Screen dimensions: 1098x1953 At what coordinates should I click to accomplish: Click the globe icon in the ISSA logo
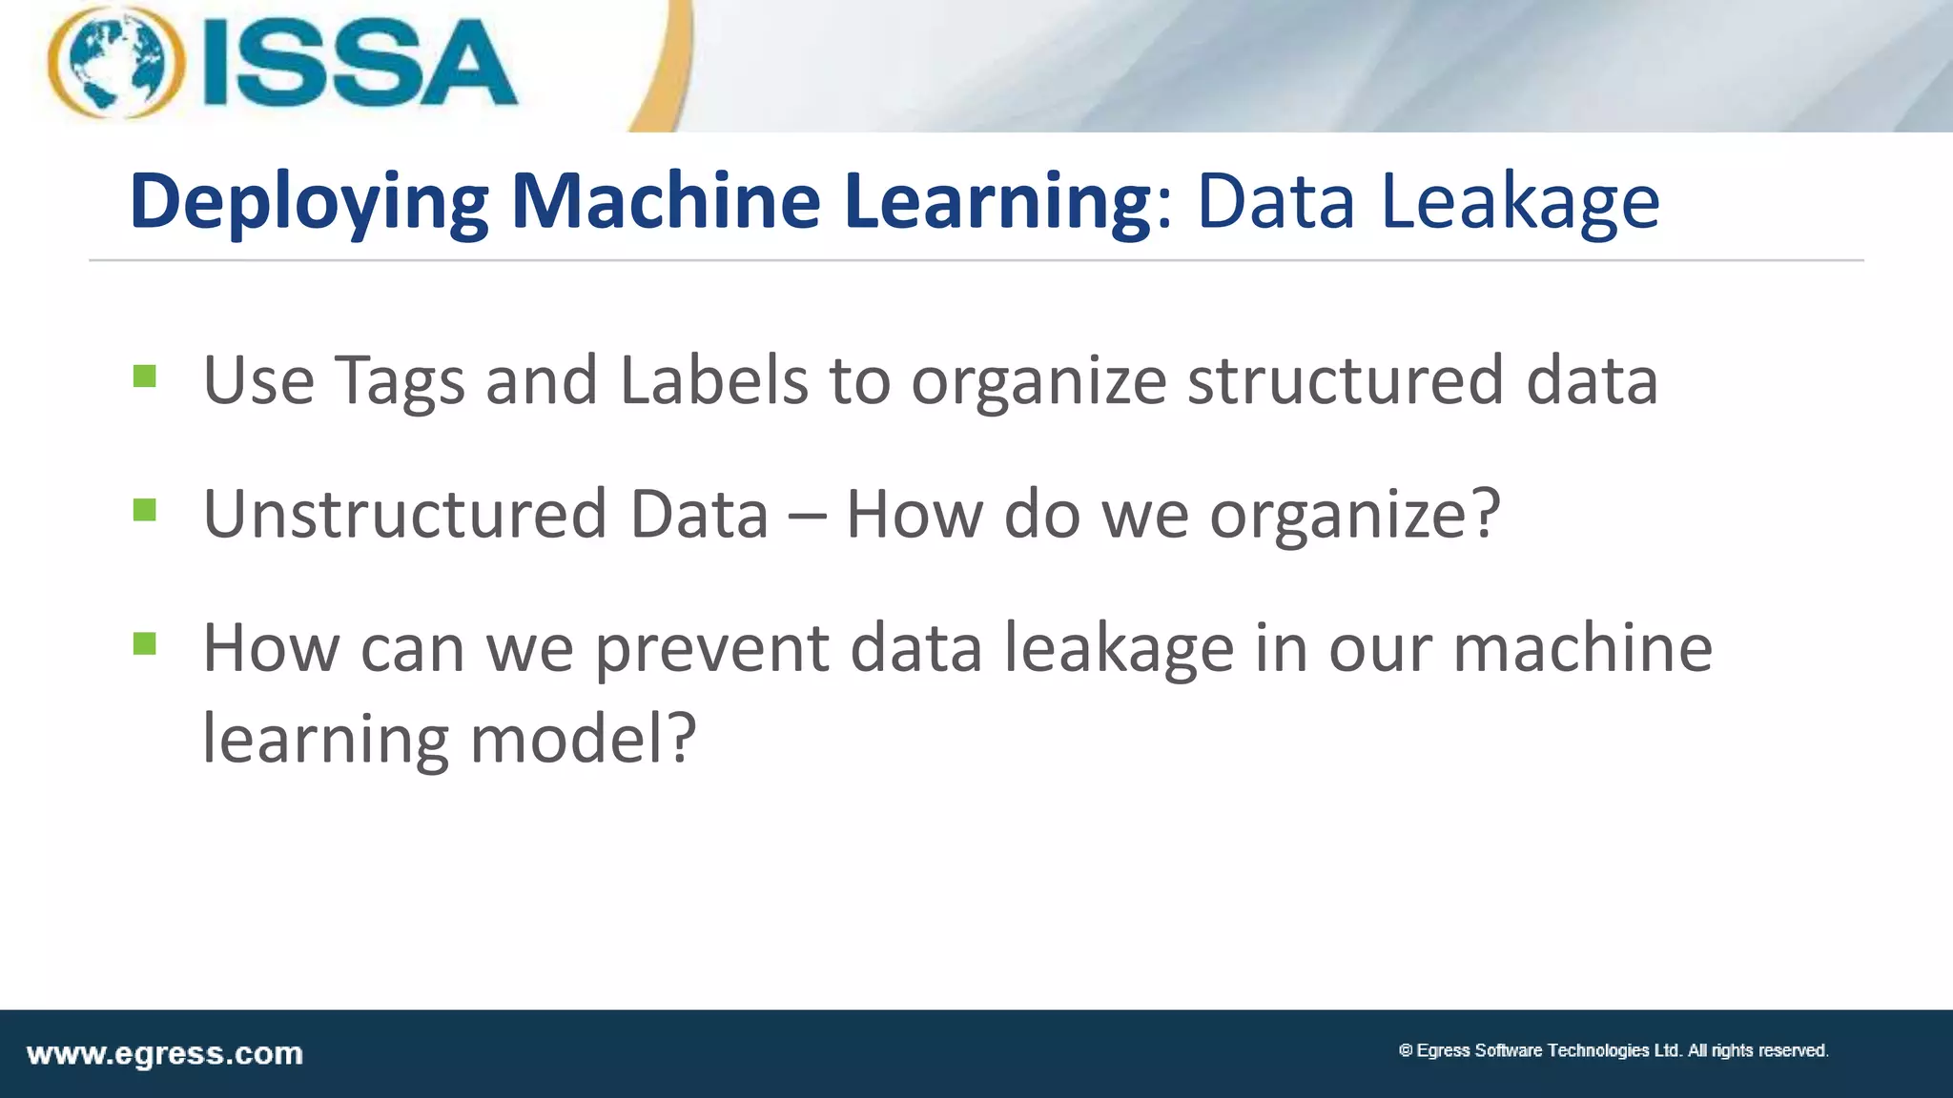(x=115, y=63)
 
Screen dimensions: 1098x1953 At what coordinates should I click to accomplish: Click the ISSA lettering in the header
(x=360, y=65)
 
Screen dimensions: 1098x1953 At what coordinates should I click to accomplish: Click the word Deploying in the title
(x=308, y=202)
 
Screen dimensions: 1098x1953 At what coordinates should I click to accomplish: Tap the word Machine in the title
(x=665, y=202)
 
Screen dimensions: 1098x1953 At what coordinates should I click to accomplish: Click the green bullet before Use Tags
(x=145, y=376)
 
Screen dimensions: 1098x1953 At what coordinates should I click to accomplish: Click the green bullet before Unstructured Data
(x=145, y=511)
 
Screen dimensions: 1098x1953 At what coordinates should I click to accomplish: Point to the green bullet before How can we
(x=145, y=645)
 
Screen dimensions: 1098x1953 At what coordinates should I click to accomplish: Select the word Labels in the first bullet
(x=713, y=379)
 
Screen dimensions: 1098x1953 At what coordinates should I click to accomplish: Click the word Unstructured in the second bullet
(x=404, y=514)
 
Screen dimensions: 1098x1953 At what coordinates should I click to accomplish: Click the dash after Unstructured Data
(x=807, y=516)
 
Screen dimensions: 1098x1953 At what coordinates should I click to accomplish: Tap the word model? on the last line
(x=584, y=740)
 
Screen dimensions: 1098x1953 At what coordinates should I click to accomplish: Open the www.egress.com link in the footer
(x=165, y=1054)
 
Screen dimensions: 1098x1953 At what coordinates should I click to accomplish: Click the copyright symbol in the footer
(x=1405, y=1050)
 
